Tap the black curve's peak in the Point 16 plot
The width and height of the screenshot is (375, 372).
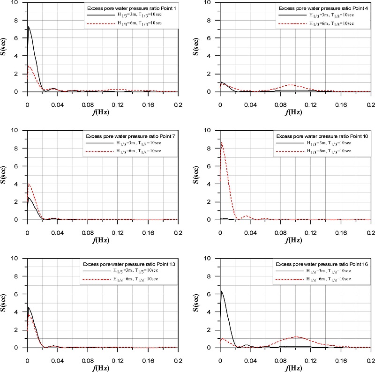(221, 291)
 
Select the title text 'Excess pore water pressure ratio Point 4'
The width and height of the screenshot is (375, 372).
(323, 8)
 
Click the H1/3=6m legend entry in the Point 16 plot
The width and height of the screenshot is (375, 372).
(324, 279)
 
